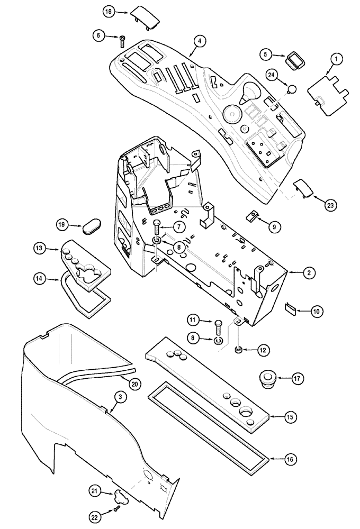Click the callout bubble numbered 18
108,12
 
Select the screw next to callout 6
122,37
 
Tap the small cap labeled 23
302,188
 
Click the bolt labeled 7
157,228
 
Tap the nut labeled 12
239,349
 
